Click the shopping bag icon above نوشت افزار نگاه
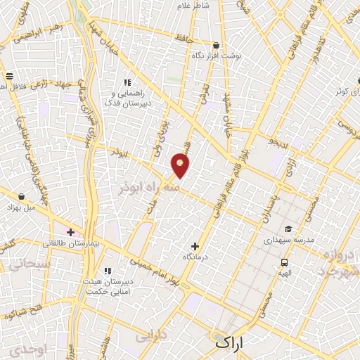pyautogui.click(x=215, y=46)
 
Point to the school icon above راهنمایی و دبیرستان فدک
pyautogui.click(x=127, y=82)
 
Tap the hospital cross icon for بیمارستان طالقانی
pyautogui.click(x=70, y=231)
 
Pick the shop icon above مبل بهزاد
pyautogui.click(x=22, y=197)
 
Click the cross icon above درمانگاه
pyautogui.click(x=195, y=247)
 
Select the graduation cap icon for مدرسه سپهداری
pyautogui.click(x=288, y=229)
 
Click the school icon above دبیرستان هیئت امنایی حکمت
pyautogui.click(x=108, y=271)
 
